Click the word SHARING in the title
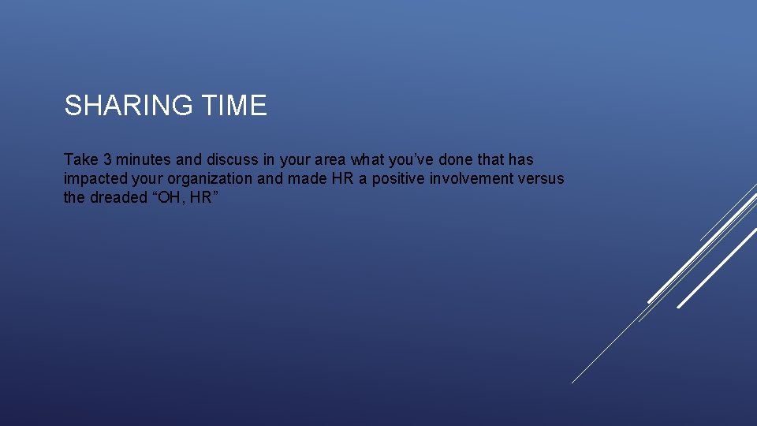click(x=123, y=105)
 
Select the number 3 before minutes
click(x=107, y=159)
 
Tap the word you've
click(x=423, y=159)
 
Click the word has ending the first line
click(x=520, y=159)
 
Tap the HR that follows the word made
click(x=343, y=178)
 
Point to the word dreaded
click(x=118, y=197)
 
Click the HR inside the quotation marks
click(x=200, y=197)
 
